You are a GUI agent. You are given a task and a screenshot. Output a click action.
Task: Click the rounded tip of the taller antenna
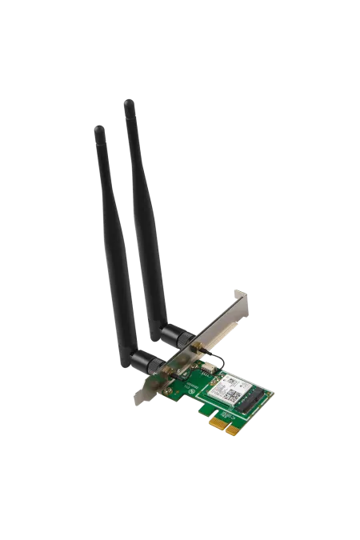[x=128, y=102]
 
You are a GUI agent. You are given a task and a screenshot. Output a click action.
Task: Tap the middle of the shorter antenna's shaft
[x=120, y=240]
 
